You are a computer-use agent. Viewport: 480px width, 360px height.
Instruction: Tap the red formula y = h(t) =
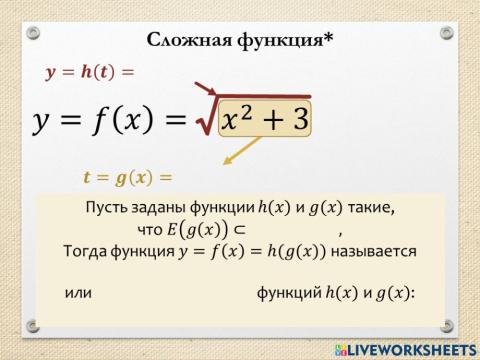pyautogui.click(x=89, y=72)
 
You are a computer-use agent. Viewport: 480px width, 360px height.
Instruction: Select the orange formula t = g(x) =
pyautogui.click(x=128, y=178)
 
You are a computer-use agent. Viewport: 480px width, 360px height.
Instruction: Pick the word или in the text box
pyautogui.click(x=77, y=293)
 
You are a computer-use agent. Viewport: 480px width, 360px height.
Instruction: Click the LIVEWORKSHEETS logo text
pyautogui.click(x=409, y=349)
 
